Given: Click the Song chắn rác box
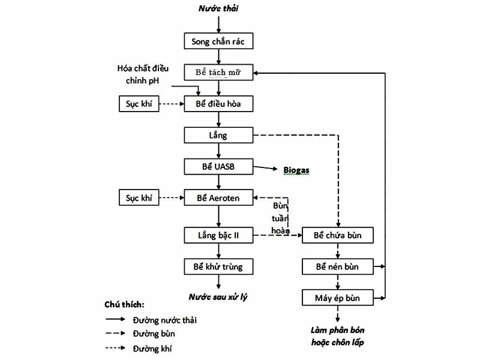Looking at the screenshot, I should [218, 41].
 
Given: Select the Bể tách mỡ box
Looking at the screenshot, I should [218, 73].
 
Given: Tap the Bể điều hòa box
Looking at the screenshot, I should [218, 104].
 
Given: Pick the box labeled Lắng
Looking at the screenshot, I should [218, 135].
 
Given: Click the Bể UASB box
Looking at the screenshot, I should [218, 166].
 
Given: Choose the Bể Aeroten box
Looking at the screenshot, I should [218, 197].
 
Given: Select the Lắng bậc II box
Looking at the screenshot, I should [218, 235].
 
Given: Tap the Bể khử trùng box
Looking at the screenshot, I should [218, 266].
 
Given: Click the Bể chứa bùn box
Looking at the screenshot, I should [338, 235].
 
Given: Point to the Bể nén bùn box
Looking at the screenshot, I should [338, 266].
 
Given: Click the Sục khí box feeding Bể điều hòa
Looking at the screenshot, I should [139, 104].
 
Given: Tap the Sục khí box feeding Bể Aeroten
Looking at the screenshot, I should [139, 197].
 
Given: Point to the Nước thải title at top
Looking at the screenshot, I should [218, 8].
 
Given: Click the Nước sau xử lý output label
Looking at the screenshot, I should [218, 297].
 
